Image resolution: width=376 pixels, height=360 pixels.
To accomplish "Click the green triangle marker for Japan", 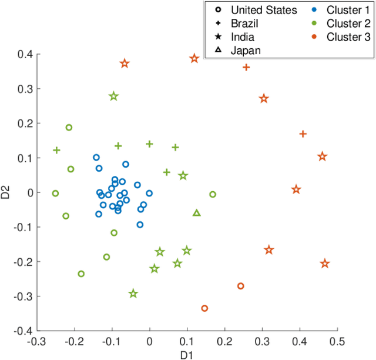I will click(x=197, y=213).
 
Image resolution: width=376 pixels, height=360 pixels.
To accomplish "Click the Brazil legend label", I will click(x=244, y=24).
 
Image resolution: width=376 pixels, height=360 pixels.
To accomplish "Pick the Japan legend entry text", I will click(x=246, y=51).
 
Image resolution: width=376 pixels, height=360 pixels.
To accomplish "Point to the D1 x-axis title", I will click(x=187, y=355).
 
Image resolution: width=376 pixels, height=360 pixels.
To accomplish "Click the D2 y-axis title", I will click(x=7, y=192).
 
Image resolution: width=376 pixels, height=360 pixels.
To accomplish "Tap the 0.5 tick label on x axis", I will click(x=337, y=341).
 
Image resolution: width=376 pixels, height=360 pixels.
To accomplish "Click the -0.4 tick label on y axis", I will click(x=22, y=331).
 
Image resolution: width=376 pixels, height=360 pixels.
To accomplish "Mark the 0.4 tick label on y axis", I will click(x=24, y=54).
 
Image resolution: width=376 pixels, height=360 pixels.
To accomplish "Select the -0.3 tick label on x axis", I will click(x=37, y=341).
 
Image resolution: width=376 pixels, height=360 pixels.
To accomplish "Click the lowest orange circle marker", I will click(x=204, y=308).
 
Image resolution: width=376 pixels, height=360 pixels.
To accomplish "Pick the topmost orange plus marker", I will click(x=246, y=67).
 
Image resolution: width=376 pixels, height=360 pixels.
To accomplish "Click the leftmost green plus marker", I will click(x=56, y=150).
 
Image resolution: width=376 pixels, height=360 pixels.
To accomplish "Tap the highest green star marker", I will click(x=114, y=96).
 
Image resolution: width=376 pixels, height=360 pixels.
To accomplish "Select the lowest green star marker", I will click(x=133, y=294).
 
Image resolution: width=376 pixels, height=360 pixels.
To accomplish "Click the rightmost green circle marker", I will click(x=213, y=194).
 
